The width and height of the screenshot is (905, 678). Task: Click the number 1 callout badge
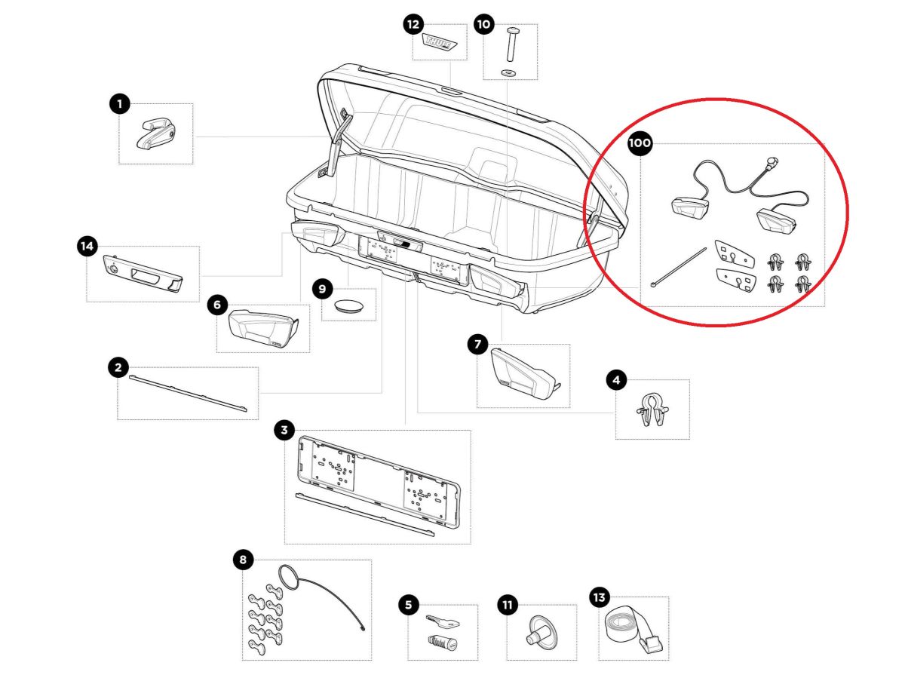[119, 104]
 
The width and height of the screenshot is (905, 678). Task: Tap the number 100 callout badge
[640, 143]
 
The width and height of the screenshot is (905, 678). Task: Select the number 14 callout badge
[87, 246]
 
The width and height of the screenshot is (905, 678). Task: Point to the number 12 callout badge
[413, 25]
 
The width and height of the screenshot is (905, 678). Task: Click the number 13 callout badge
[599, 598]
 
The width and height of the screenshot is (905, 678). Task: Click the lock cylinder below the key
[443, 645]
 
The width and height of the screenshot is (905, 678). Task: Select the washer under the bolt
[508, 72]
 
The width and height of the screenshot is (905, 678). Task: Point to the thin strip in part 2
[188, 391]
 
